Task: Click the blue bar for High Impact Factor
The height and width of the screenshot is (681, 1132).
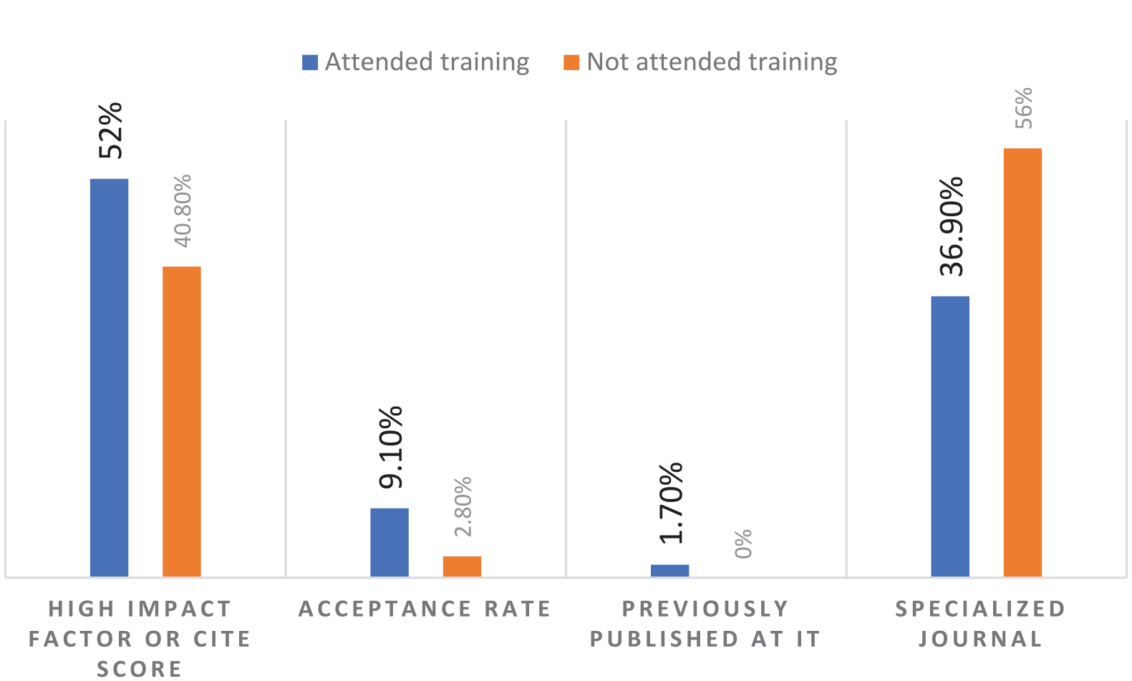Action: pyautogui.click(x=109, y=377)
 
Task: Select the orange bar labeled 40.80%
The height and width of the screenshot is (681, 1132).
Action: pyautogui.click(x=182, y=421)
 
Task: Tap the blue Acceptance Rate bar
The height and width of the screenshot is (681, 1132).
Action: pyautogui.click(x=390, y=542)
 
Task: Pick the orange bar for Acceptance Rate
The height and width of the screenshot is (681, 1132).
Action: pyautogui.click(x=462, y=566)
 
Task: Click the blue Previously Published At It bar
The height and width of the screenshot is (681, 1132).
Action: pyautogui.click(x=669, y=571)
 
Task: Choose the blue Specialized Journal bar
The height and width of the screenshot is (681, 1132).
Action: pyautogui.click(x=950, y=436)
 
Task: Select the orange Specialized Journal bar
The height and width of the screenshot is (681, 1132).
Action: pyautogui.click(x=1022, y=362)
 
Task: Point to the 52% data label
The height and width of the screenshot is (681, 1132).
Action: pyautogui.click(x=111, y=130)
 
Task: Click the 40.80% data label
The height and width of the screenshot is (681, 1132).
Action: pyautogui.click(x=183, y=211)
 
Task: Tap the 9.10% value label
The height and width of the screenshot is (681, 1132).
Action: pyautogui.click(x=392, y=448)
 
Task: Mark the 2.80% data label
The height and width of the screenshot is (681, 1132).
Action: pyautogui.click(x=463, y=506)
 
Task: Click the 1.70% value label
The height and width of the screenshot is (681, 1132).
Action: pyautogui.click(x=672, y=503)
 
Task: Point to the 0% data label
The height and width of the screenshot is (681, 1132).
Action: pyautogui.click(x=743, y=544)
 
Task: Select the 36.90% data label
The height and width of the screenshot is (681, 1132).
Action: pyautogui.click(x=952, y=226)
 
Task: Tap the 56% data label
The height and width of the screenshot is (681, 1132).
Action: pyautogui.click(x=1024, y=108)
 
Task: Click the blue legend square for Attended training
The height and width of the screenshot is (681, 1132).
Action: pyautogui.click(x=310, y=62)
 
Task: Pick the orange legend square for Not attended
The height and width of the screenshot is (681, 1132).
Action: pyautogui.click(x=571, y=62)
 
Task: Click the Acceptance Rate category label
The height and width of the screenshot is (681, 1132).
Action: pyautogui.click(x=425, y=609)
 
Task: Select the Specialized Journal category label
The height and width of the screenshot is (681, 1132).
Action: pyautogui.click(x=981, y=623)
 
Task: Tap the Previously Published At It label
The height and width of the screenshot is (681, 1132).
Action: pyautogui.click(x=705, y=623)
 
